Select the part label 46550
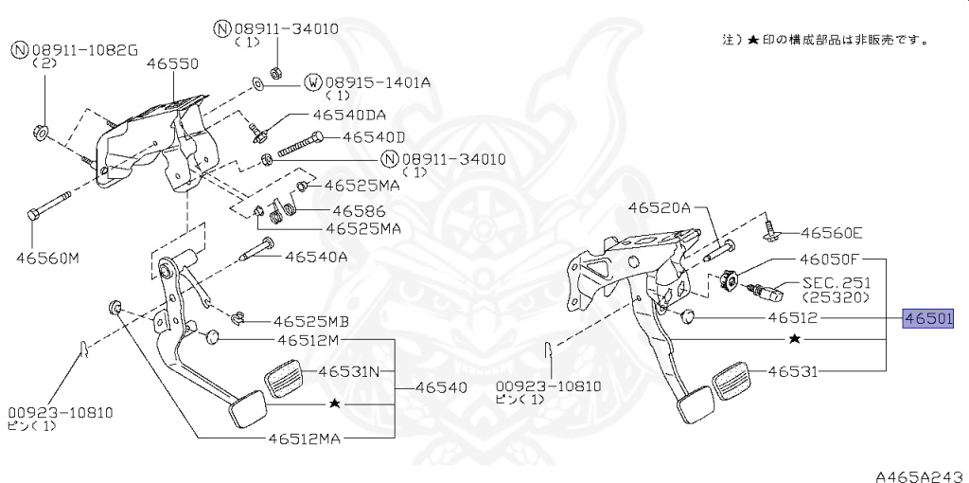pos(172,64)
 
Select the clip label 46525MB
pos(311,321)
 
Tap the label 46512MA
pos(304,438)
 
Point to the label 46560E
pos(832,232)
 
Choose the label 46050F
pos(828,259)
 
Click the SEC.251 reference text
pos(837,282)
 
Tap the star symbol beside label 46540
pos(333,403)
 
